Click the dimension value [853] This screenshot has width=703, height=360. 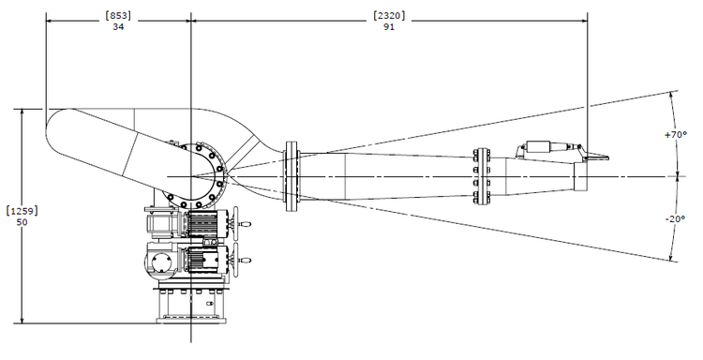click(118, 16)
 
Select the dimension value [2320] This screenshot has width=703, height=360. click(389, 16)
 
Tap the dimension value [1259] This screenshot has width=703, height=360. click(22, 211)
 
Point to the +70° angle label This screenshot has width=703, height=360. click(676, 134)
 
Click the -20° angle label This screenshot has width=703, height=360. click(676, 218)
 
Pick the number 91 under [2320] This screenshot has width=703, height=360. click(389, 27)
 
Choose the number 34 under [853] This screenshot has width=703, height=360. click(118, 27)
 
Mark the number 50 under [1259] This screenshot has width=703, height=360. click(22, 222)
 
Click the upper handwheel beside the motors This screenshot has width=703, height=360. click(242, 224)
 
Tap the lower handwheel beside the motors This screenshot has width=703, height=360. click(242, 260)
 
